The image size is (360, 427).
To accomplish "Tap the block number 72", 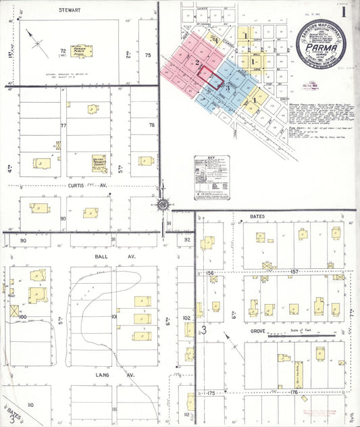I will pos(63,51).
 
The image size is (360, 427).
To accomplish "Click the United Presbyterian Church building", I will pos(100,161).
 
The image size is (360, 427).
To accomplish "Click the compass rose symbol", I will pos(163,204).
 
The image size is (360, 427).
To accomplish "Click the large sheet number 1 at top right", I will pos(344,11).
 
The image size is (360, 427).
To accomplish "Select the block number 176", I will pos(294,392).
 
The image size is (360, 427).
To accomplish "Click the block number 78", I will pos(152,125).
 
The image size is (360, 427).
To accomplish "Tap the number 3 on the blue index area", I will pos(229,89).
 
